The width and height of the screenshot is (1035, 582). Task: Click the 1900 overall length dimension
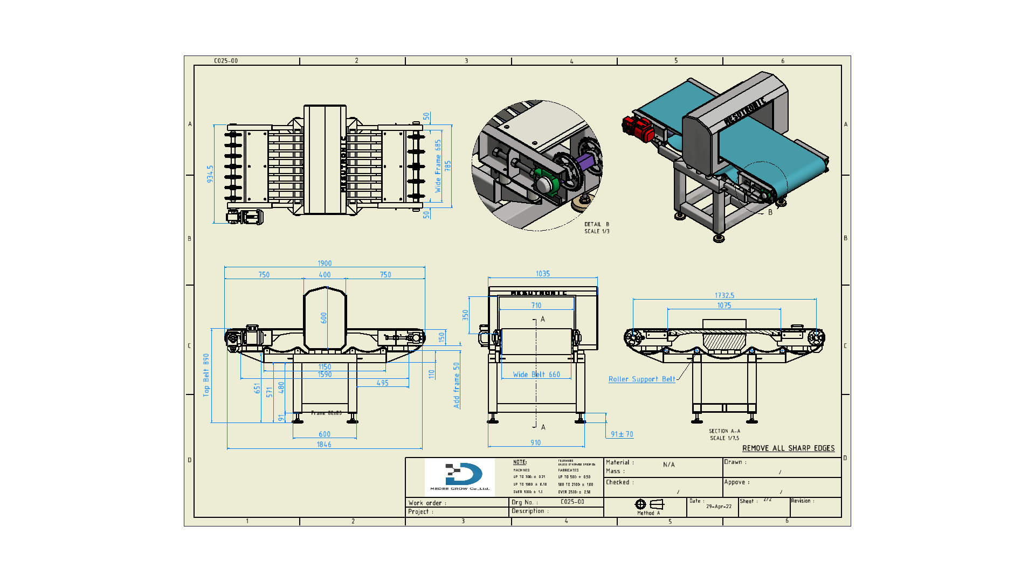325,264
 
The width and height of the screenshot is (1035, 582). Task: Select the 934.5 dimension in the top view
210,174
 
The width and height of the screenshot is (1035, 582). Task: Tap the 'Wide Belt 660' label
536,375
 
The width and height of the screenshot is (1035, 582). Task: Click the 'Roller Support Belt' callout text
641,379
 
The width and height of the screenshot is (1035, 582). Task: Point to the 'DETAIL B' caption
597,224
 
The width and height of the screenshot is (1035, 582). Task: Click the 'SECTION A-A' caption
724,431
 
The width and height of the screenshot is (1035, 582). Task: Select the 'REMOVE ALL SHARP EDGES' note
788,448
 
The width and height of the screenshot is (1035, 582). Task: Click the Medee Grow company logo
460,476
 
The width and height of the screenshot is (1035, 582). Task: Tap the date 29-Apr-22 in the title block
719,507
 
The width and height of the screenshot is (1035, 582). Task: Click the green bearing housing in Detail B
546,181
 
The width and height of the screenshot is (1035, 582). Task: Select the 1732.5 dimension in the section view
724,295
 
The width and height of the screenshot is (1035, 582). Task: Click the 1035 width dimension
543,274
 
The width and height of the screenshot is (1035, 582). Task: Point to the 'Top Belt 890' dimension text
206,376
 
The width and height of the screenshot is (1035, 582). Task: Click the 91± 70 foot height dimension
622,434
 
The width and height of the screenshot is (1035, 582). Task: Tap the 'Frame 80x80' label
326,413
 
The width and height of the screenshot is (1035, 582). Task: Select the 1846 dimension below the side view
324,445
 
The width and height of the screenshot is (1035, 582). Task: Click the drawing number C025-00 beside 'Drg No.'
572,502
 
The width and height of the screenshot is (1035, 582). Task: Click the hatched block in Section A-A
724,342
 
